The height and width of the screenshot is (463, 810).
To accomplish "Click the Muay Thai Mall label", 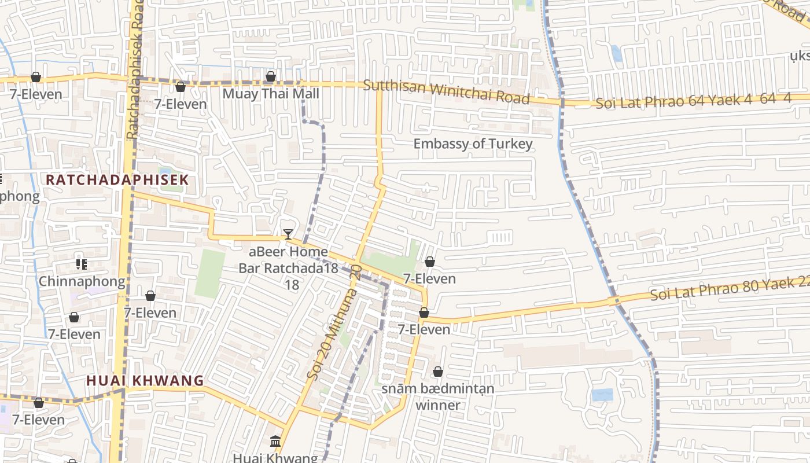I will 270,93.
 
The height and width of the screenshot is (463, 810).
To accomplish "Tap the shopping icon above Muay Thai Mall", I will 270,76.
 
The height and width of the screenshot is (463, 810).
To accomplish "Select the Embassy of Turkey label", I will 473,144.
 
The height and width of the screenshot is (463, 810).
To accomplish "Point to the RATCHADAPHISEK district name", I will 117,179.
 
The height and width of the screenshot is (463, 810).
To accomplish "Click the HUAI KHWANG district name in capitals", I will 145,380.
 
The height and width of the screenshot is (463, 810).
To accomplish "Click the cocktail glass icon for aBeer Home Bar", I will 288,234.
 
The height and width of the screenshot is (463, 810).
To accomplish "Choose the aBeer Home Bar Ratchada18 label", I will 283,268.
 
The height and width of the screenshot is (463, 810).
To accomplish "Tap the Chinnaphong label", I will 82,282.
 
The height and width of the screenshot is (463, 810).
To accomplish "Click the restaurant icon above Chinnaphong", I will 82,264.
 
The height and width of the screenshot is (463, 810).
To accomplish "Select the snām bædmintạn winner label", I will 438,396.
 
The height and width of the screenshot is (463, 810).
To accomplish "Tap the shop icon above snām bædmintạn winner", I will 438,371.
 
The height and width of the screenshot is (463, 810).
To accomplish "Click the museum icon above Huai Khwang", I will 275,441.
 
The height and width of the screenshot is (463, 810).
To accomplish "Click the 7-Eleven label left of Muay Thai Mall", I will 180,104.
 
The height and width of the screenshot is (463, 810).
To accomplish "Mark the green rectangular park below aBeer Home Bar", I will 209,273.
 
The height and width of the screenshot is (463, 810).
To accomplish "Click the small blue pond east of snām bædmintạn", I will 602,395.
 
